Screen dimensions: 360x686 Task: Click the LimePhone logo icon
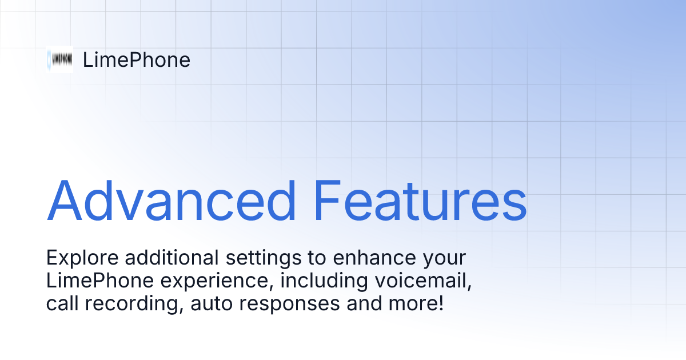(x=60, y=59)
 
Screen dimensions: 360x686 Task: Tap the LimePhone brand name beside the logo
(x=136, y=60)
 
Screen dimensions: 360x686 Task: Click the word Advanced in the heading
(x=171, y=201)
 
